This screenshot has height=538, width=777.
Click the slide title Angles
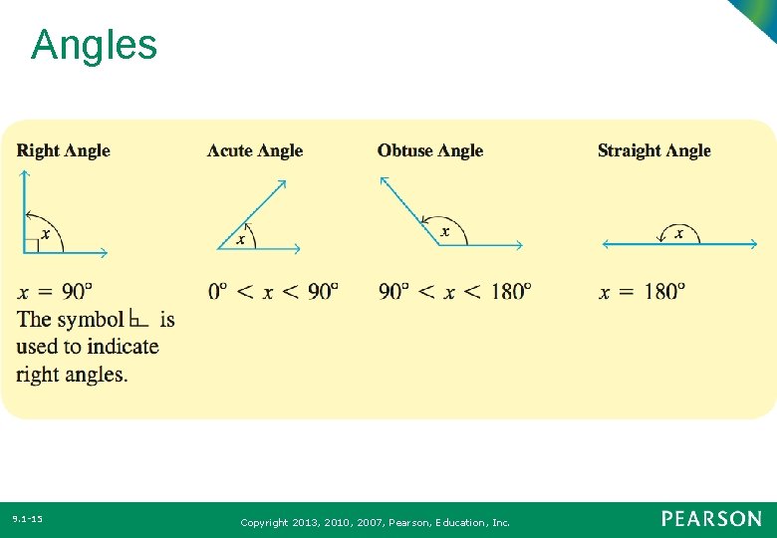click(x=94, y=46)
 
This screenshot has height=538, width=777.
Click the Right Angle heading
click(x=63, y=150)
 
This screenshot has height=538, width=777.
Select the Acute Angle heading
click(x=254, y=150)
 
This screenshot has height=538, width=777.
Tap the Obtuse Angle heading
click(x=429, y=150)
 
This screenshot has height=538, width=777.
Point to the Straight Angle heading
click(x=653, y=150)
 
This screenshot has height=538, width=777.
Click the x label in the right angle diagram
click(x=47, y=233)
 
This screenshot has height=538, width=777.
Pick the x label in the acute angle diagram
click(x=240, y=239)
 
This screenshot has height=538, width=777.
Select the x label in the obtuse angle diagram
click(x=444, y=231)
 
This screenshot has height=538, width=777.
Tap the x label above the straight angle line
click(x=679, y=233)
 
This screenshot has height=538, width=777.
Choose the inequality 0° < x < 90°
click(x=273, y=291)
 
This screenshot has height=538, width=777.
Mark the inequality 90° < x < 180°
click(x=454, y=291)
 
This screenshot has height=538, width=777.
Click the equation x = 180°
click(x=642, y=291)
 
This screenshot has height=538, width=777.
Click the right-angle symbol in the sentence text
click(x=139, y=319)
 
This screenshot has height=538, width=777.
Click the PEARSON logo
click(x=711, y=519)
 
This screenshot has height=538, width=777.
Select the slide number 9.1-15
click(x=27, y=519)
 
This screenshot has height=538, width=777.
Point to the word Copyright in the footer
click(x=264, y=522)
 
